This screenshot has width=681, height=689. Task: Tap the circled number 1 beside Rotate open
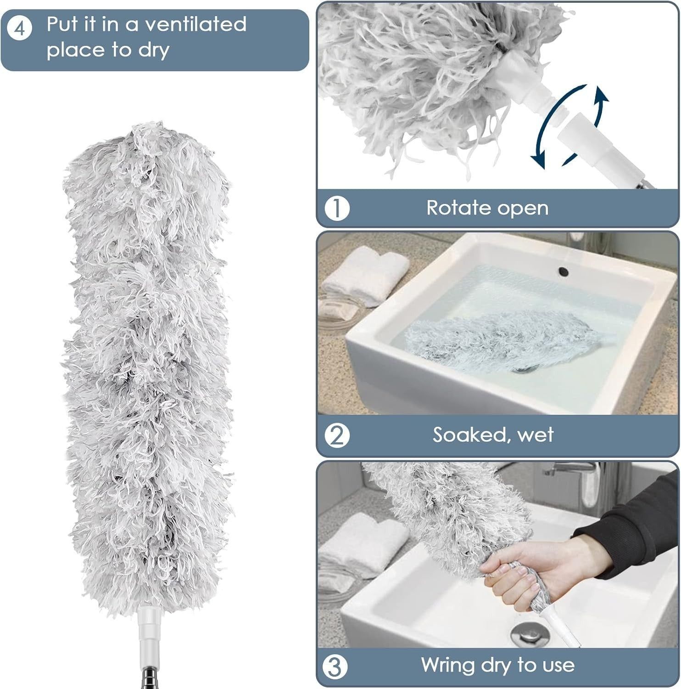[x=337, y=209]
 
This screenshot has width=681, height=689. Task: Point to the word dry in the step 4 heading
[x=154, y=51]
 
